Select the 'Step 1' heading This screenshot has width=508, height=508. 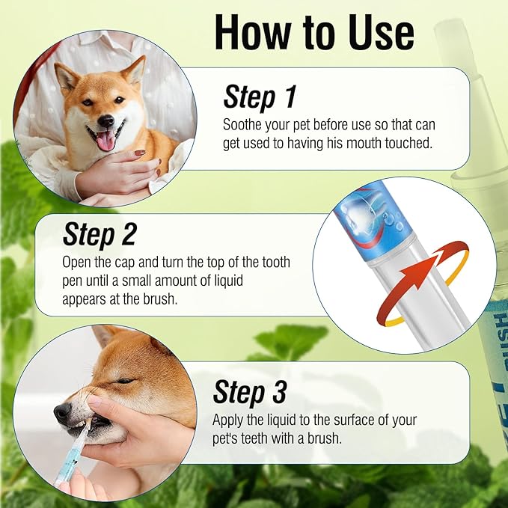pos(260,97)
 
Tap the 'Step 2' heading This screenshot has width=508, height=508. pos(99,234)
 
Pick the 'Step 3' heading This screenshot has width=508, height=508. pos(249,392)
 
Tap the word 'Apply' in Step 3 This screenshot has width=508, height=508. pos(228,419)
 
